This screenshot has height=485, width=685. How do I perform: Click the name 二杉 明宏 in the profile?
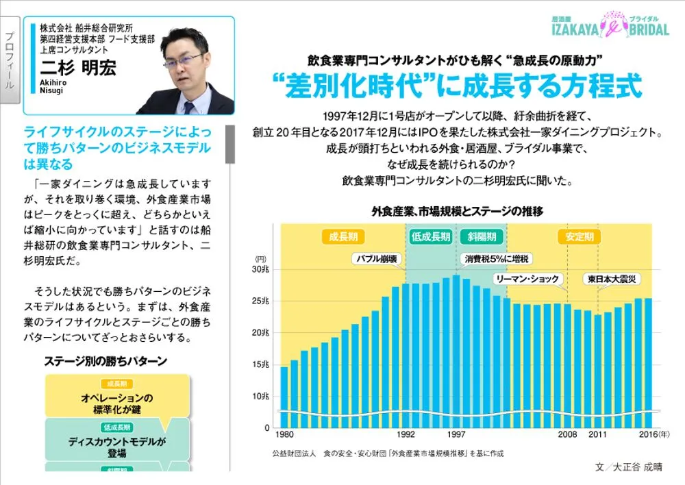tap(78, 68)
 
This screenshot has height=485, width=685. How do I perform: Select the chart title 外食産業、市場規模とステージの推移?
tap(457, 211)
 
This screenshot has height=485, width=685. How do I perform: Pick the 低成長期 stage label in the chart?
tap(431, 237)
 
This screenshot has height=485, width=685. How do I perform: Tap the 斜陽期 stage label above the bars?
tap(482, 237)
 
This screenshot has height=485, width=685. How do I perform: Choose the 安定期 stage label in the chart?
tap(580, 237)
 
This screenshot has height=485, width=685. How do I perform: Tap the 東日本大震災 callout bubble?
tap(612, 279)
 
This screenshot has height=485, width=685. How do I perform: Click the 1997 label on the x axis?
tap(456, 435)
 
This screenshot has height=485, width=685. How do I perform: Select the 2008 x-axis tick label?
tap(567, 435)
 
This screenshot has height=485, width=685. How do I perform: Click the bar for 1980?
tap(284, 397)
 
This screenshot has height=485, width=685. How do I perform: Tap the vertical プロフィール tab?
tap(10, 62)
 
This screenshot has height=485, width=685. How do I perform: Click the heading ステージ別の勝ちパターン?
tap(105, 360)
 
